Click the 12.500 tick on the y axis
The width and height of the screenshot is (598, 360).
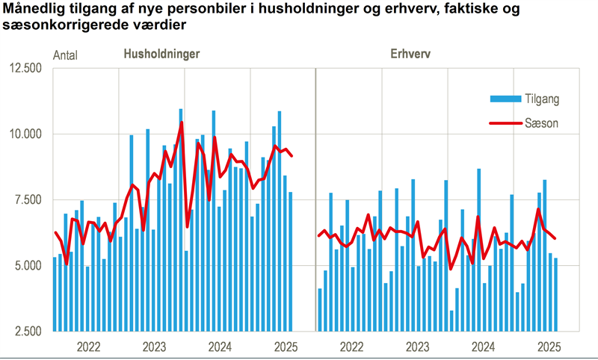pos(27,69)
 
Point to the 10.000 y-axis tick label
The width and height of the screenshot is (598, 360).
pos(27,134)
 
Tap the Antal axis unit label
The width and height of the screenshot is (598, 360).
pos(65,55)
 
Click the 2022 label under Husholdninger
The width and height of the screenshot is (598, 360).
pos(88,347)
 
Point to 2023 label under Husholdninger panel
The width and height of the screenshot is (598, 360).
pos(154,347)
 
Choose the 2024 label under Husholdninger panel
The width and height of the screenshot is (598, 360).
pos(220,347)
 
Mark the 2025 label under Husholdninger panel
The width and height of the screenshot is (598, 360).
pos(286,347)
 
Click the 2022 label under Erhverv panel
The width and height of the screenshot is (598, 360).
pos(352,347)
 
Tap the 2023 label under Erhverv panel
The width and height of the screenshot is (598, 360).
pos(418,347)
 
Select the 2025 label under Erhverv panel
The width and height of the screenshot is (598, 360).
pos(549,347)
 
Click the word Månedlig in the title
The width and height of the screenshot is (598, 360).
pos(31,10)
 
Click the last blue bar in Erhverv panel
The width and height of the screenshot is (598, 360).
pos(555,294)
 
